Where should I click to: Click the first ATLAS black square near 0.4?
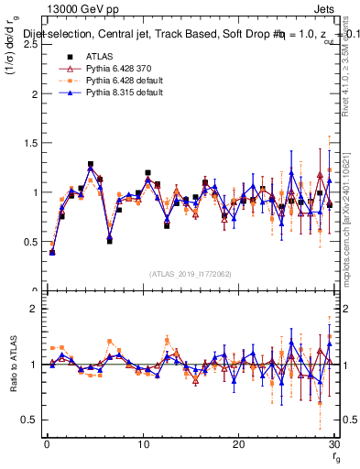pos(52,252)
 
